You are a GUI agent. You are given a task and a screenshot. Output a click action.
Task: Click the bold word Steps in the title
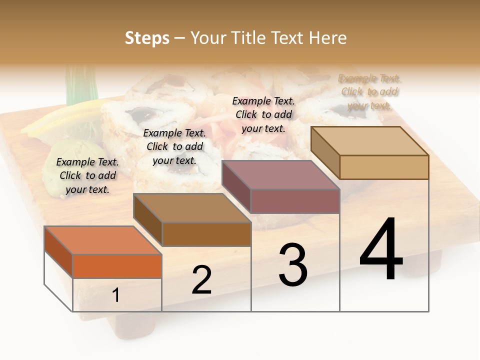[147, 38]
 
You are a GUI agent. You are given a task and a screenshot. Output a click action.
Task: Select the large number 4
[381, 250]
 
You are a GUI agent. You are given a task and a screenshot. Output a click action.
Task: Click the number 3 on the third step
[293, 265]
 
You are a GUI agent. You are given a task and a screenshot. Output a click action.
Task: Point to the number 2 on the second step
[201, 280]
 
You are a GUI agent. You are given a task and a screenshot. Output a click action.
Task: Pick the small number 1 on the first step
[116, 295]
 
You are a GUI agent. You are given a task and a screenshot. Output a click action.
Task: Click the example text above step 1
[87, 175]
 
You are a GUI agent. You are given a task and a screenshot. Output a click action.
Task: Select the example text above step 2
[174, 146]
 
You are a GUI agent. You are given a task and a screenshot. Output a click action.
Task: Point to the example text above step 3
[263, 114]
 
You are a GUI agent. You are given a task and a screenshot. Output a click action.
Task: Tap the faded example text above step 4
[369, 92]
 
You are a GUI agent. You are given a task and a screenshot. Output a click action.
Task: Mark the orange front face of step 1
[117, 266]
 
